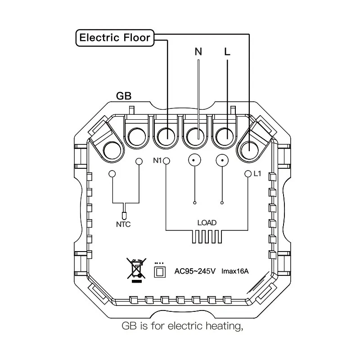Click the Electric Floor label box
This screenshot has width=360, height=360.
coord(114,37)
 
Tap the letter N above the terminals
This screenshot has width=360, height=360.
coord(198,51)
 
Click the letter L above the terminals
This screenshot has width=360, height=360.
coord(227,51)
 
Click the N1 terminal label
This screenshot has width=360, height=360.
coord(157,161)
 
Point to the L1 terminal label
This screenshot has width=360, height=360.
coord(257,173)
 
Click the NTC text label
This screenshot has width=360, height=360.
coord(123,224)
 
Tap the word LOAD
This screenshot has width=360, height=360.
coord(207,222)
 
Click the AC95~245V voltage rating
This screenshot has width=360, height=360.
coord(195,271)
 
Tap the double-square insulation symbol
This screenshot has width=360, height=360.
coord(159,271)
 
